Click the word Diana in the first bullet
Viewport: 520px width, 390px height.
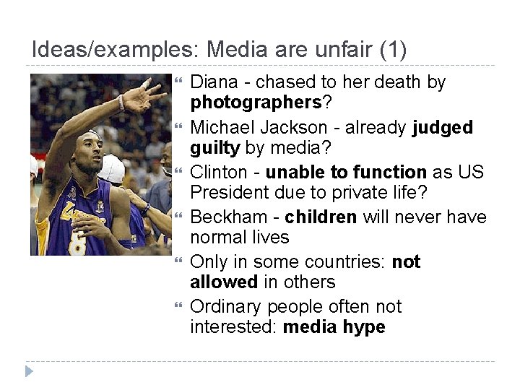[212, 82]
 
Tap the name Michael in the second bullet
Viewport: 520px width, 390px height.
[221, 128]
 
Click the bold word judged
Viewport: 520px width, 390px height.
[442, 128]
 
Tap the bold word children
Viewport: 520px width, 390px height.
[321, 217]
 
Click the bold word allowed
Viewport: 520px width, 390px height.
[224, 282]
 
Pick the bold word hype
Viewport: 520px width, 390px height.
[364, 327]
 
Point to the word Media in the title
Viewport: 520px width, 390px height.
[235, 51]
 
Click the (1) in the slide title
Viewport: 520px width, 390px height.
[392, 51]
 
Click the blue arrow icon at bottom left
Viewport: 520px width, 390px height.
[28, 372]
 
